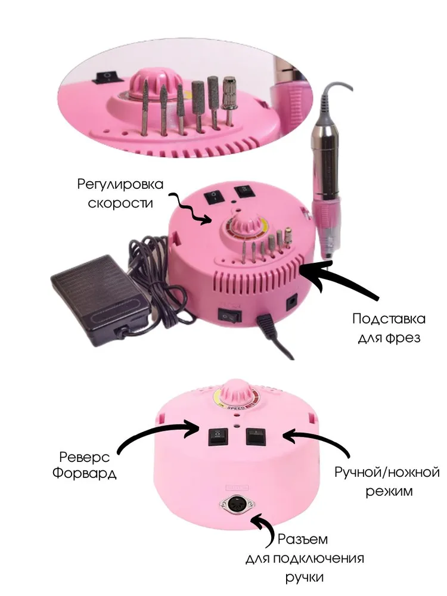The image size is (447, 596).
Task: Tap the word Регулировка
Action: point(120,184)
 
